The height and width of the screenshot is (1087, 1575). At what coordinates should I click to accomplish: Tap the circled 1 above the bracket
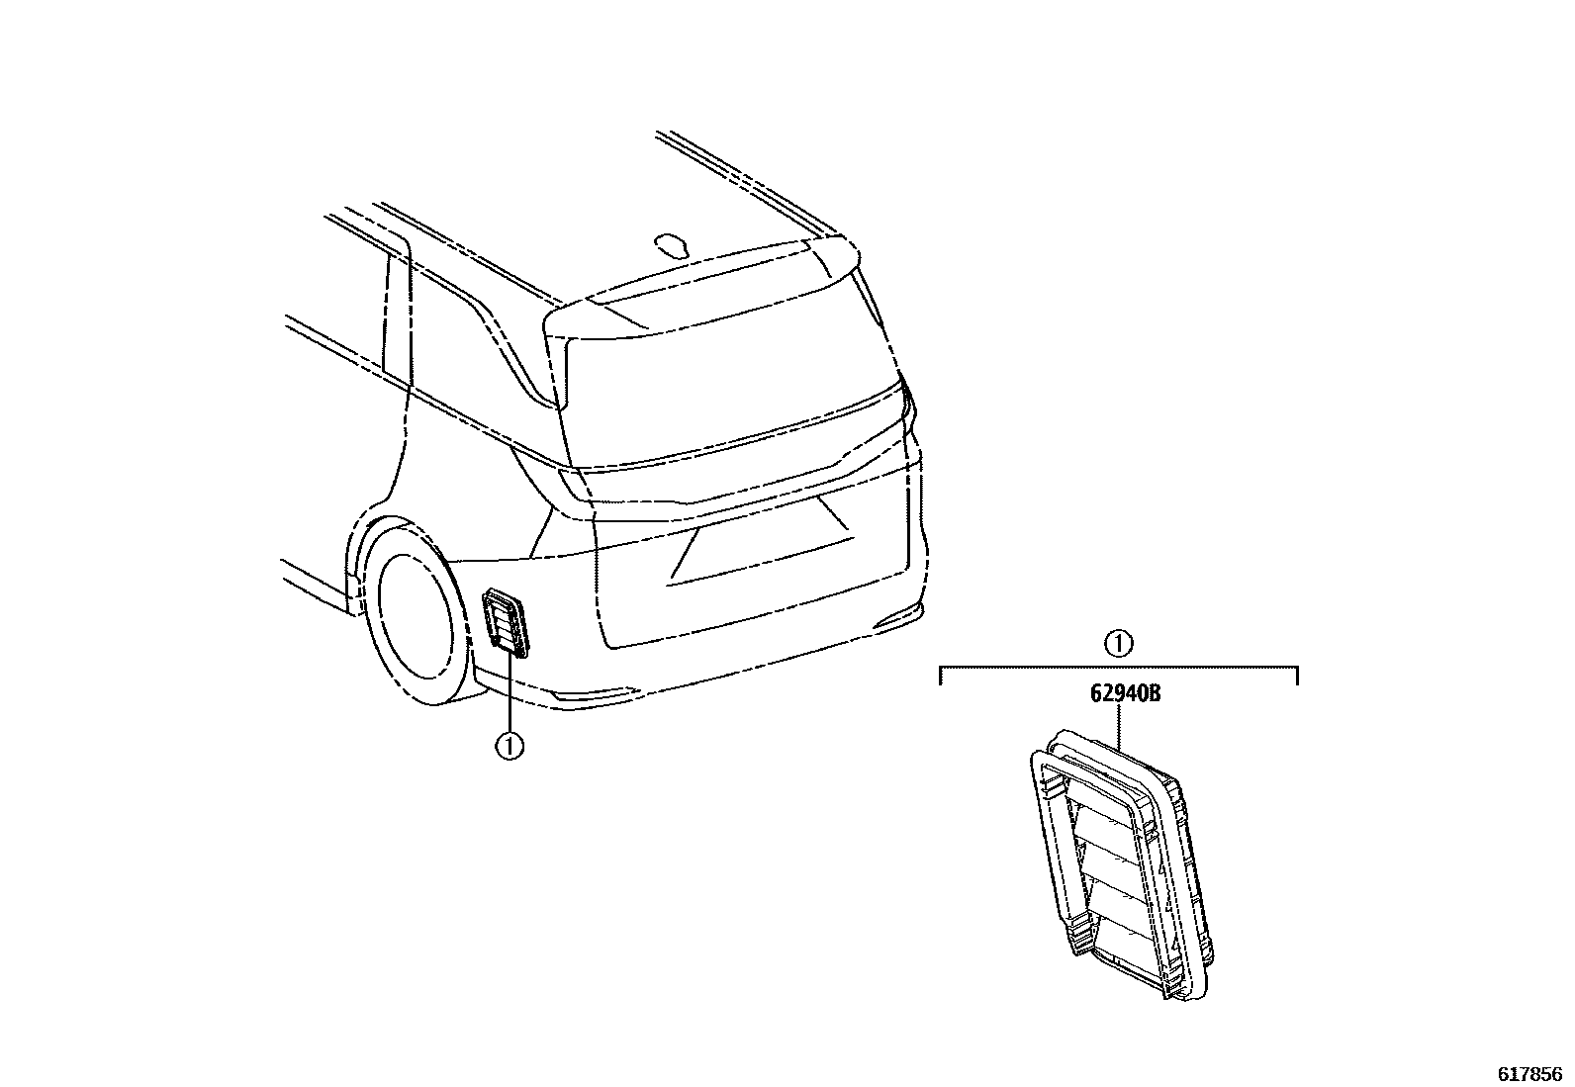[x=1118, y=644]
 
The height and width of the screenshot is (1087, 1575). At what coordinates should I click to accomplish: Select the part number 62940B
[x=1125, y=693]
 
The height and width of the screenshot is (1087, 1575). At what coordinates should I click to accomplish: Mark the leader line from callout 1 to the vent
[x=510, y=692]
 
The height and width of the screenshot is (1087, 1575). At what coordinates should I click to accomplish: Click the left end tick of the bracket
[x=940, y=676]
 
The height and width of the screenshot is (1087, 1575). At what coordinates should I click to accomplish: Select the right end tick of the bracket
[x=1296, y=676]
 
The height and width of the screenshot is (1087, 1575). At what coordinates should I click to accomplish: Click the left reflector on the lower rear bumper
[x=594, y=694]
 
